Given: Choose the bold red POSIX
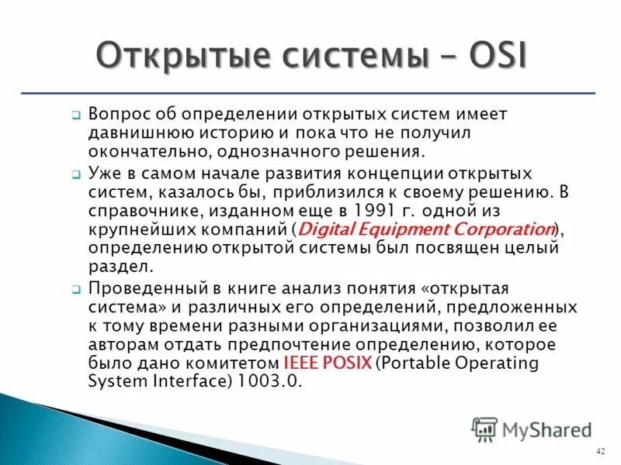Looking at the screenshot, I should (349, 363).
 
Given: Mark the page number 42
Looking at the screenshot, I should (600, 451).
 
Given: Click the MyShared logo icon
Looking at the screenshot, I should (484, 429).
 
